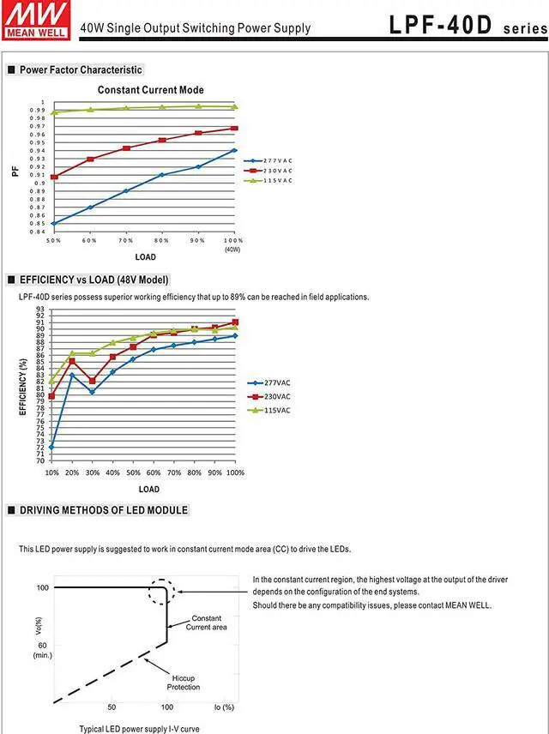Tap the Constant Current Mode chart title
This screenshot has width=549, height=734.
pos(151,90)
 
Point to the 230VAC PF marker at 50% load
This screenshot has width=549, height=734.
pos(54,177)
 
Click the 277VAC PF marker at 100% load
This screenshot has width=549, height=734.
pos(234,150)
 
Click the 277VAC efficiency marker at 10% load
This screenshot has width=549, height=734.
pos(51,447)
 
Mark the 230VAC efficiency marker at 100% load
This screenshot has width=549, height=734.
pos(235,322)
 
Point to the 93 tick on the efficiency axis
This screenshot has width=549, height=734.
pos(40,310)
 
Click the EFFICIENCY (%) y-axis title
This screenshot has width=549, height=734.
pos(23,385)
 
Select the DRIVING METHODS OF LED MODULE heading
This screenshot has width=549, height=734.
pos(103,510)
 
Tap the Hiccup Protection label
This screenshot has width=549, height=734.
pos(184,683)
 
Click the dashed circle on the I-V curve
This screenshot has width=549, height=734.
pos(164,592)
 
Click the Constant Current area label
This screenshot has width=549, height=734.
pos(206,623)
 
